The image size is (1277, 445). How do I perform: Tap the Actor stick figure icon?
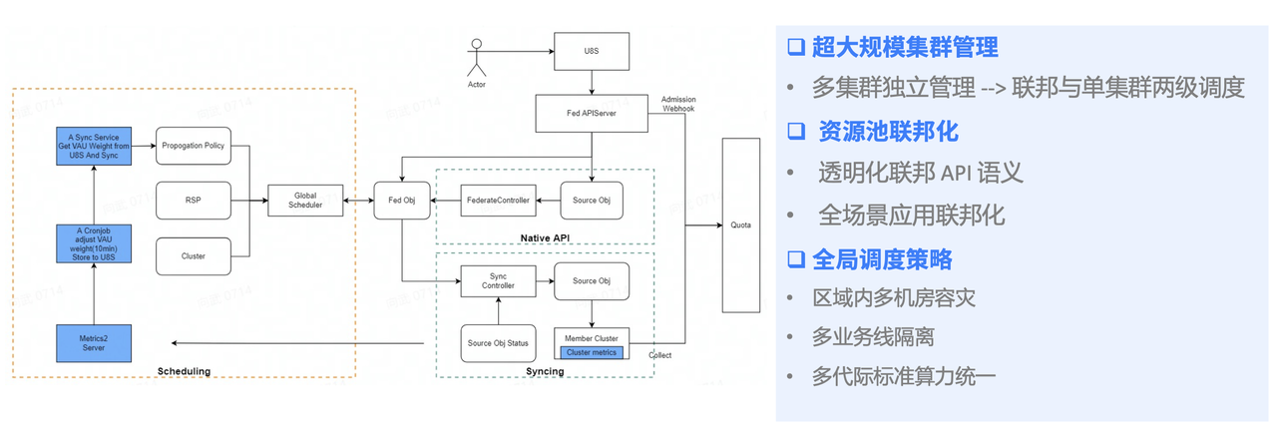[477, 57]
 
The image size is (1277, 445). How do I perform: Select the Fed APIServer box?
[592, 114]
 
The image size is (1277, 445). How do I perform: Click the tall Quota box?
[740, 224]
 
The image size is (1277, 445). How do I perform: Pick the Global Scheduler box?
[304, 201]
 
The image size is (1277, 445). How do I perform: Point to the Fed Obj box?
[401, 201]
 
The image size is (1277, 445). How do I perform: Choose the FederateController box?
[498, 201]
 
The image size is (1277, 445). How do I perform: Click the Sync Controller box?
[498, 281]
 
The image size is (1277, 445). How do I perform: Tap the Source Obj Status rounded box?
[498, 343]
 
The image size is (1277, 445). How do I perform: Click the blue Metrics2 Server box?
[94, 342]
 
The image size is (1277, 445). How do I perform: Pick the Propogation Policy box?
[193, 146]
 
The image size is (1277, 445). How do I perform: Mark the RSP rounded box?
[193, 201]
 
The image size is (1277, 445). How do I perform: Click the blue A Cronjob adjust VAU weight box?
[94, 242]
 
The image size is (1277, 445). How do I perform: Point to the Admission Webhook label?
[678, 104]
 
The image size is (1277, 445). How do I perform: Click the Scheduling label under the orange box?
[184, 371]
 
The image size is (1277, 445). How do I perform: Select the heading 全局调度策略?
[882, 260]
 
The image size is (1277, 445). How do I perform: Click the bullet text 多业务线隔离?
[873, 337]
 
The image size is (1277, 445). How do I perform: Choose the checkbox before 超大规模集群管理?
[795, 46]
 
